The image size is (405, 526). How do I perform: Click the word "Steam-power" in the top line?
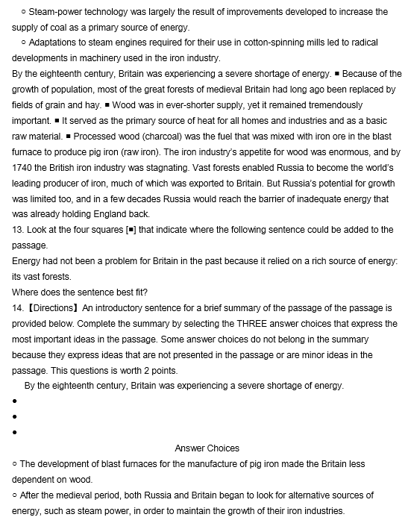tap(54, 12)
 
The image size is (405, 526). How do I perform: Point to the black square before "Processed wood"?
tap(68, 137)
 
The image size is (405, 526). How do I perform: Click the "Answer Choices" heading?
tap(207, 448)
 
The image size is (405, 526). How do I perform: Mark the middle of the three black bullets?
tap(15, 416)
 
